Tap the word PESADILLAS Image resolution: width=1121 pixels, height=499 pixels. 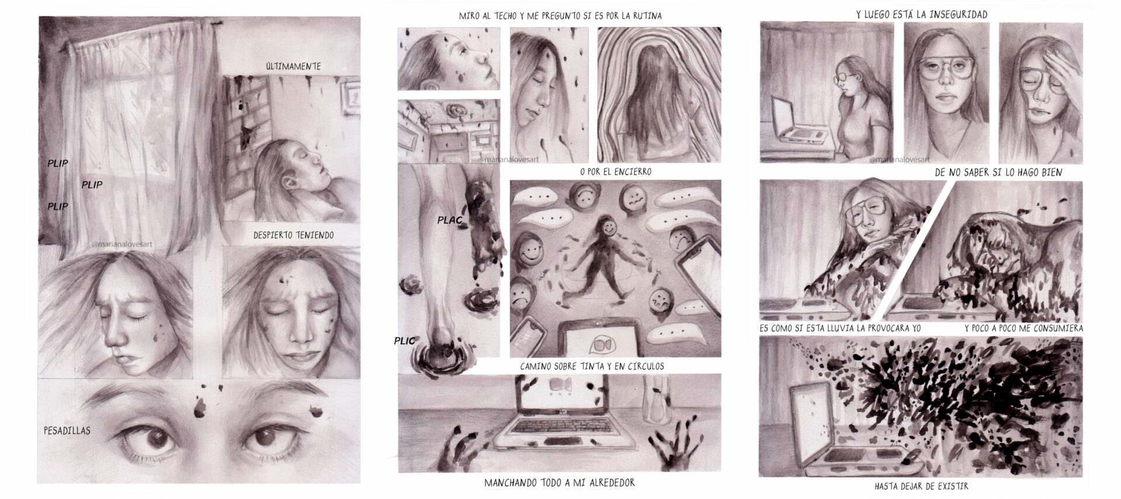67,431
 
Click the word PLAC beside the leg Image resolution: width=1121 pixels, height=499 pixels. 450,220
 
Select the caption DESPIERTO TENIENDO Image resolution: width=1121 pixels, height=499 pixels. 294,235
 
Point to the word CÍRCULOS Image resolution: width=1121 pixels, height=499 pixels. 639,367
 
